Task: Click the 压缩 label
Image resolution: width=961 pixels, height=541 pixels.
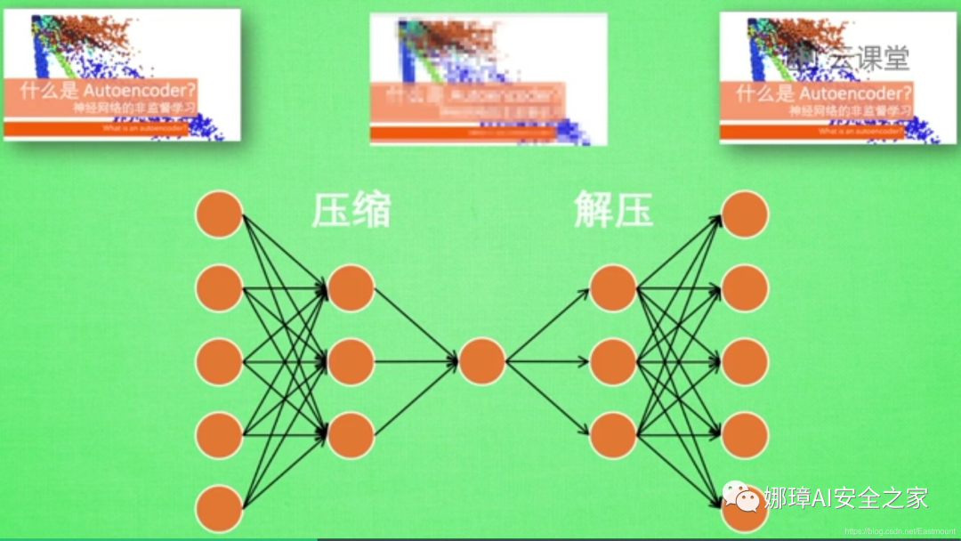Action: click(351, 211)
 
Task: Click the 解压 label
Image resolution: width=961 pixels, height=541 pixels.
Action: click(613, 211)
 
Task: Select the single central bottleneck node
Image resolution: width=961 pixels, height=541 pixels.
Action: click(482, 362)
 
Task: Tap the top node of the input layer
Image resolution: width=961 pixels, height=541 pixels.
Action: click(219, 214)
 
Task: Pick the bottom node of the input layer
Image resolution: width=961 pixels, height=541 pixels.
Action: click(219, 509)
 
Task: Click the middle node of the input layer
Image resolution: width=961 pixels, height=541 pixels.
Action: click(219, 362)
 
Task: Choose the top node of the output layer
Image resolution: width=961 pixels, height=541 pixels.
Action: click(745, 214)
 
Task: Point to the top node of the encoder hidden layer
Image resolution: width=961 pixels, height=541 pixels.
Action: click(351, 288)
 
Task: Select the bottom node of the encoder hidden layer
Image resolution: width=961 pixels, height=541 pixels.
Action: click(351, 435)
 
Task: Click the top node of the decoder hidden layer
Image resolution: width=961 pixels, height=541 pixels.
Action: click(613, 288)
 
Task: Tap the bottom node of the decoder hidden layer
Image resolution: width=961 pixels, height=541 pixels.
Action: click(613, 435)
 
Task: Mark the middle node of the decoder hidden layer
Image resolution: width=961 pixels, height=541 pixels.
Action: click(613, 362)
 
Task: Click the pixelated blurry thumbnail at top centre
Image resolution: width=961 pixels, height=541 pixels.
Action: click(489, 79)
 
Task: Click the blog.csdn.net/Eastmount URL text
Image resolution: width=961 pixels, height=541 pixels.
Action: click(899, 531)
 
